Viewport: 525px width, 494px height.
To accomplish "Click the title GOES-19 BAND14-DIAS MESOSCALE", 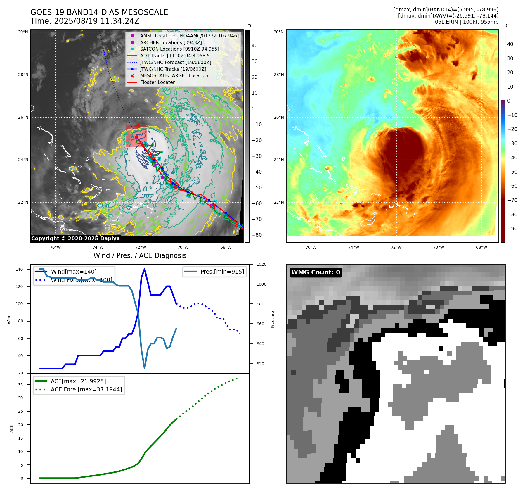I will (x=99, y=12).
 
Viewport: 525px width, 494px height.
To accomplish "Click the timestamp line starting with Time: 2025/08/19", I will (x=85, y=21).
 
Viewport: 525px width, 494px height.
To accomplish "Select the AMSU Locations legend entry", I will (x=189, y=36).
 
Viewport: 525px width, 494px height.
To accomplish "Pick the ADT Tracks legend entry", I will (x=176, y=56).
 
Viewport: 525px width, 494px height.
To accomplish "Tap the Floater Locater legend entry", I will (x=157, y=82).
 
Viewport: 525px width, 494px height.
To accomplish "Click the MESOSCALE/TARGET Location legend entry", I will (x=174, y=75).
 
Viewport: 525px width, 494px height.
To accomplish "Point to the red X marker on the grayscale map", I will (x=138, y=125).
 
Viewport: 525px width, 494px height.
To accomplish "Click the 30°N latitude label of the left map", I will (x=23, y=32).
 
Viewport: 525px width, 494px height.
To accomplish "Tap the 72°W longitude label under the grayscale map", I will (x=141, y=247).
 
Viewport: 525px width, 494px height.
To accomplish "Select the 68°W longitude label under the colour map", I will (x=481, y=247).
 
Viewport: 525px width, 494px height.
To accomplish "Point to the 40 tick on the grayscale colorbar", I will (x=254, y=46).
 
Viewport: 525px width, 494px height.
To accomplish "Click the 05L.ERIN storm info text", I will (x=467, y=22).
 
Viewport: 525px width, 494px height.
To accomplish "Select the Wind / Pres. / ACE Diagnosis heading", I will (x=140, y=255).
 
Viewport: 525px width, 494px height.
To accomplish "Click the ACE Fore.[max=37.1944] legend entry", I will (x=86, y=389).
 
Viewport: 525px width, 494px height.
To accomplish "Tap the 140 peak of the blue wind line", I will (x=145, y=269).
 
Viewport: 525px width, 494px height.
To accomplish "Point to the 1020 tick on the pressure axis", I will (x=261, y=264).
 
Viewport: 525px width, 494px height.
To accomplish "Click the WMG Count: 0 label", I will (x=316, y=272).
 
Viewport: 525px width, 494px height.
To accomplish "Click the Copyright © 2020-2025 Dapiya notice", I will (x=75, y=239).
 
